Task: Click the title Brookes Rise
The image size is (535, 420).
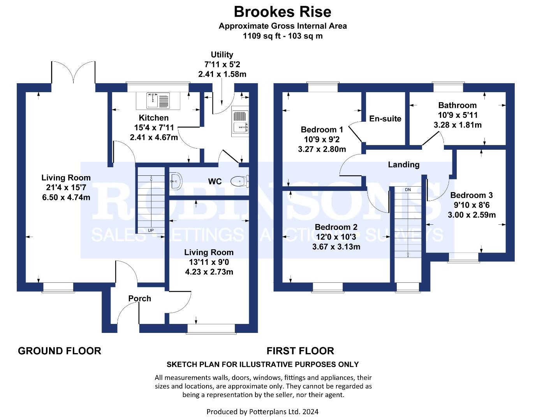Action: (282, 12)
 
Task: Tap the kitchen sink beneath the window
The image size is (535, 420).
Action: (158, 101)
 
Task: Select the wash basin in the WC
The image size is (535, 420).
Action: (176, 181)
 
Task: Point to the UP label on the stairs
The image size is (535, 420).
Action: (151, 230)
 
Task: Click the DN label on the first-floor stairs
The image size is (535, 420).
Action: (408, 190)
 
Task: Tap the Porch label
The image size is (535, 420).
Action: (140, 299)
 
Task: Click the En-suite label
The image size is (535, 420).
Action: (385, 119)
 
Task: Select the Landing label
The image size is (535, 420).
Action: (404, 165)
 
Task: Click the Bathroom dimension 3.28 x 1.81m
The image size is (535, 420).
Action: (458, 125)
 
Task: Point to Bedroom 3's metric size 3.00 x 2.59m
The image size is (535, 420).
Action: (472, 215)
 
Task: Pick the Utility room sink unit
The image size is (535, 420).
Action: (240, 121)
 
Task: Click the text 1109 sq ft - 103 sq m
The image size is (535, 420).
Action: (283, 36)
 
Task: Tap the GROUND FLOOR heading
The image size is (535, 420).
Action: (60, 351)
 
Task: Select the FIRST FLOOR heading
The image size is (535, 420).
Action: (300, 351)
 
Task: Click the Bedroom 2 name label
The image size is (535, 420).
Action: (336, 227)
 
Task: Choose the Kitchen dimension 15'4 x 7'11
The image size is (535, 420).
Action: (154, 128)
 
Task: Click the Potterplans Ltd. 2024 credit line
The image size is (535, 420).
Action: (262, 412)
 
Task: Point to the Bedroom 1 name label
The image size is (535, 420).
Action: (322, 129)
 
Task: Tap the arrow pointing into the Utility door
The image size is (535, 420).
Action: (222, 94)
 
